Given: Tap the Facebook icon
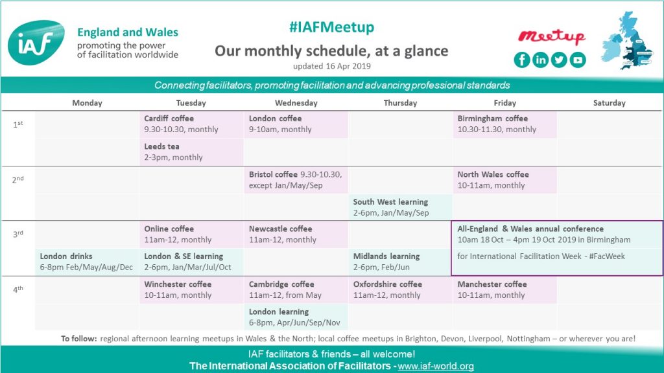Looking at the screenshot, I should [x=522, y=60].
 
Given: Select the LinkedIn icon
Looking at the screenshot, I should [x=541, y=60].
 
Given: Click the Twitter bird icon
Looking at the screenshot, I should [x=559, y=60].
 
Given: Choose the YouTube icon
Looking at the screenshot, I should [x=577, y=60].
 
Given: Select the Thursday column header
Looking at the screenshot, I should [x=400, y=103].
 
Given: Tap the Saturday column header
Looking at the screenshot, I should [x=609, y=103].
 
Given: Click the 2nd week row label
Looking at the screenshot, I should [x=18, y=179].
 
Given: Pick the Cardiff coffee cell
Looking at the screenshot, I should [x=191, y=124].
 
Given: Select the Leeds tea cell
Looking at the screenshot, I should [x=191, y=152].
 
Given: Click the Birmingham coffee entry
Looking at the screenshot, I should [x=504, y=124].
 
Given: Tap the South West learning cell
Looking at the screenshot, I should [x=400, y=207].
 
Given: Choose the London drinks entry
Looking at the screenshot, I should [x=86, y=262].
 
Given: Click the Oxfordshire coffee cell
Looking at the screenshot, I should [x=400, y=289].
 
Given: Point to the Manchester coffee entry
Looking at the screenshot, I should [x=504, y=289].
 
